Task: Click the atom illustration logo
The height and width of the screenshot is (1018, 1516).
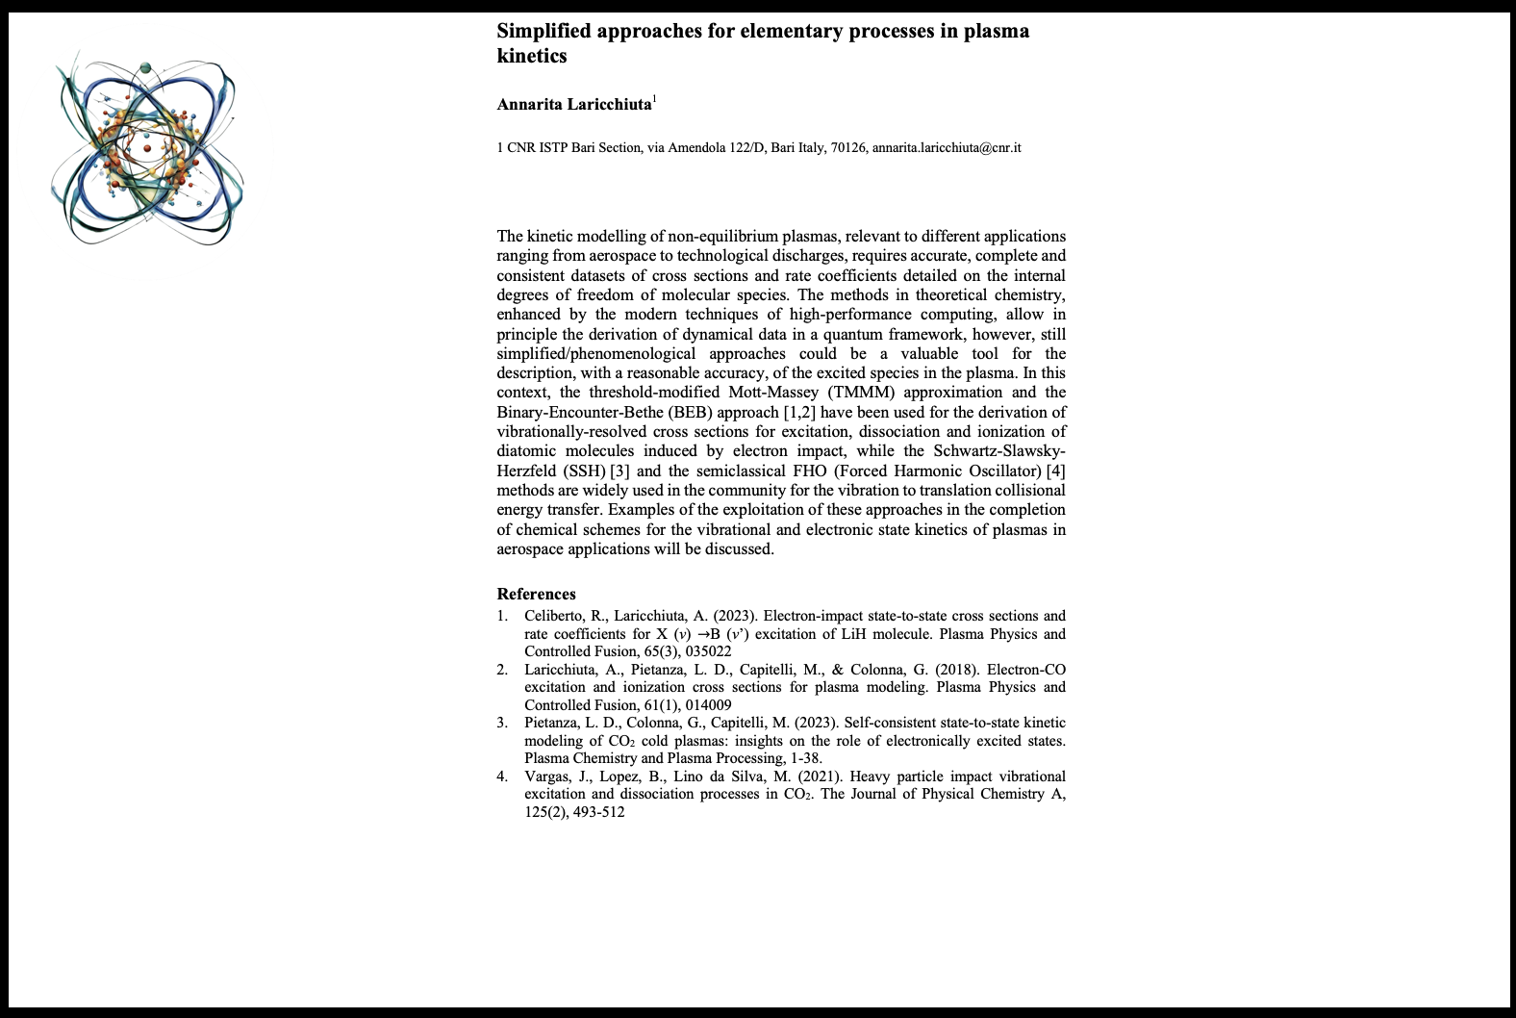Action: click(147, 149)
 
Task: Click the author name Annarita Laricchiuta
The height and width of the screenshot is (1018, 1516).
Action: click(574, 104)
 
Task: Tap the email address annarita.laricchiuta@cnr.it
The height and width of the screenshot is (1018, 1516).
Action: click(947, 147)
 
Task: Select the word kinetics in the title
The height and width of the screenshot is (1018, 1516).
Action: click(531, 56)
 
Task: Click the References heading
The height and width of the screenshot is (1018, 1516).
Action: click(536, 594)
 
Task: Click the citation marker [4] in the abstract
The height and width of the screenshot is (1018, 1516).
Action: click(1055, 471)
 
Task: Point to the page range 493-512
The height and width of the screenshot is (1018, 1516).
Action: click(598, 812)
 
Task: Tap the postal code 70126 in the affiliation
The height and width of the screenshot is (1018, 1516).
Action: click(847, 147)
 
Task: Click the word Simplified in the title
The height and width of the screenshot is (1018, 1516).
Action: click(543, 31)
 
